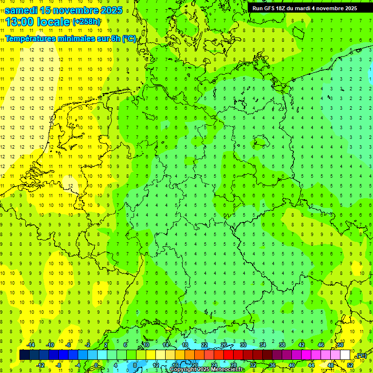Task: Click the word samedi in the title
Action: (x=21, y=10)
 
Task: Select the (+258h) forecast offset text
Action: (x=86, y=22)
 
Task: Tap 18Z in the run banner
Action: (x=285, y=8)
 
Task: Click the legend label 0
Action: (x=96, y=365)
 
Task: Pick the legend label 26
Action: (x=224, y=345)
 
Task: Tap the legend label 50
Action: (x=340, y=345)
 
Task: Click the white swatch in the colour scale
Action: (x=345, y=355)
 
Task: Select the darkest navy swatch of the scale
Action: (x=24, y=355)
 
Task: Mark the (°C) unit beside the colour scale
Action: (x=361, y=356)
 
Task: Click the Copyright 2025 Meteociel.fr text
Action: (x=206, y=370)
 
